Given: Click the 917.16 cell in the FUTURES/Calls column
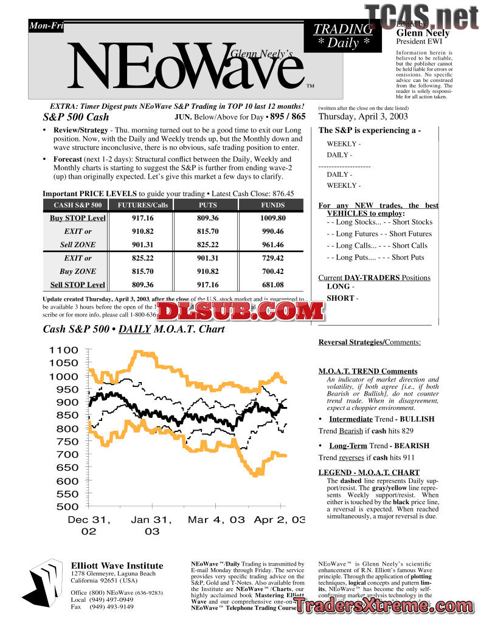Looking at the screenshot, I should click(x=142, y=218).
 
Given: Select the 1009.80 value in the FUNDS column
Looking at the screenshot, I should click(x=272, y=218).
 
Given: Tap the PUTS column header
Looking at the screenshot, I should click(x=207, y=205).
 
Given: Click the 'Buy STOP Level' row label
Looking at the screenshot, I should click(x=77, y=218).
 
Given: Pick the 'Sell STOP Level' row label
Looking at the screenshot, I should click(x=77, y=285).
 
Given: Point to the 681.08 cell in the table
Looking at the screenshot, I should click(x=272, y=285).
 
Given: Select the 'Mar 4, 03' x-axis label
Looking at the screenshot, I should click(x=216, y=520).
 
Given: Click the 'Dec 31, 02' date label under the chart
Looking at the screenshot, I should click(x=89, y=525).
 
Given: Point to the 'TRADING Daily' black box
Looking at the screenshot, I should click(x=343, y=36).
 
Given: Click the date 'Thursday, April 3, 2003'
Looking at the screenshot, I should click(x=363, y=117).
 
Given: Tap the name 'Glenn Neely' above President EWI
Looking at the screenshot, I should click(x=423, y=33).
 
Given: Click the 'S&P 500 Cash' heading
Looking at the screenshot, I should click(x=76, y=117).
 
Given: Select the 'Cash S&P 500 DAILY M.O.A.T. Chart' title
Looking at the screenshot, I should click(x=134, y=329).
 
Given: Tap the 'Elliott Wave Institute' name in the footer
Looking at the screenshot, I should click(x=117, y=566).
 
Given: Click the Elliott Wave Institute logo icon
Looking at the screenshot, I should click(x=47, y=581).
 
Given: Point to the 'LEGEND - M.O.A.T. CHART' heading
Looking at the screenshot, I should click(x=369, y=473).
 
